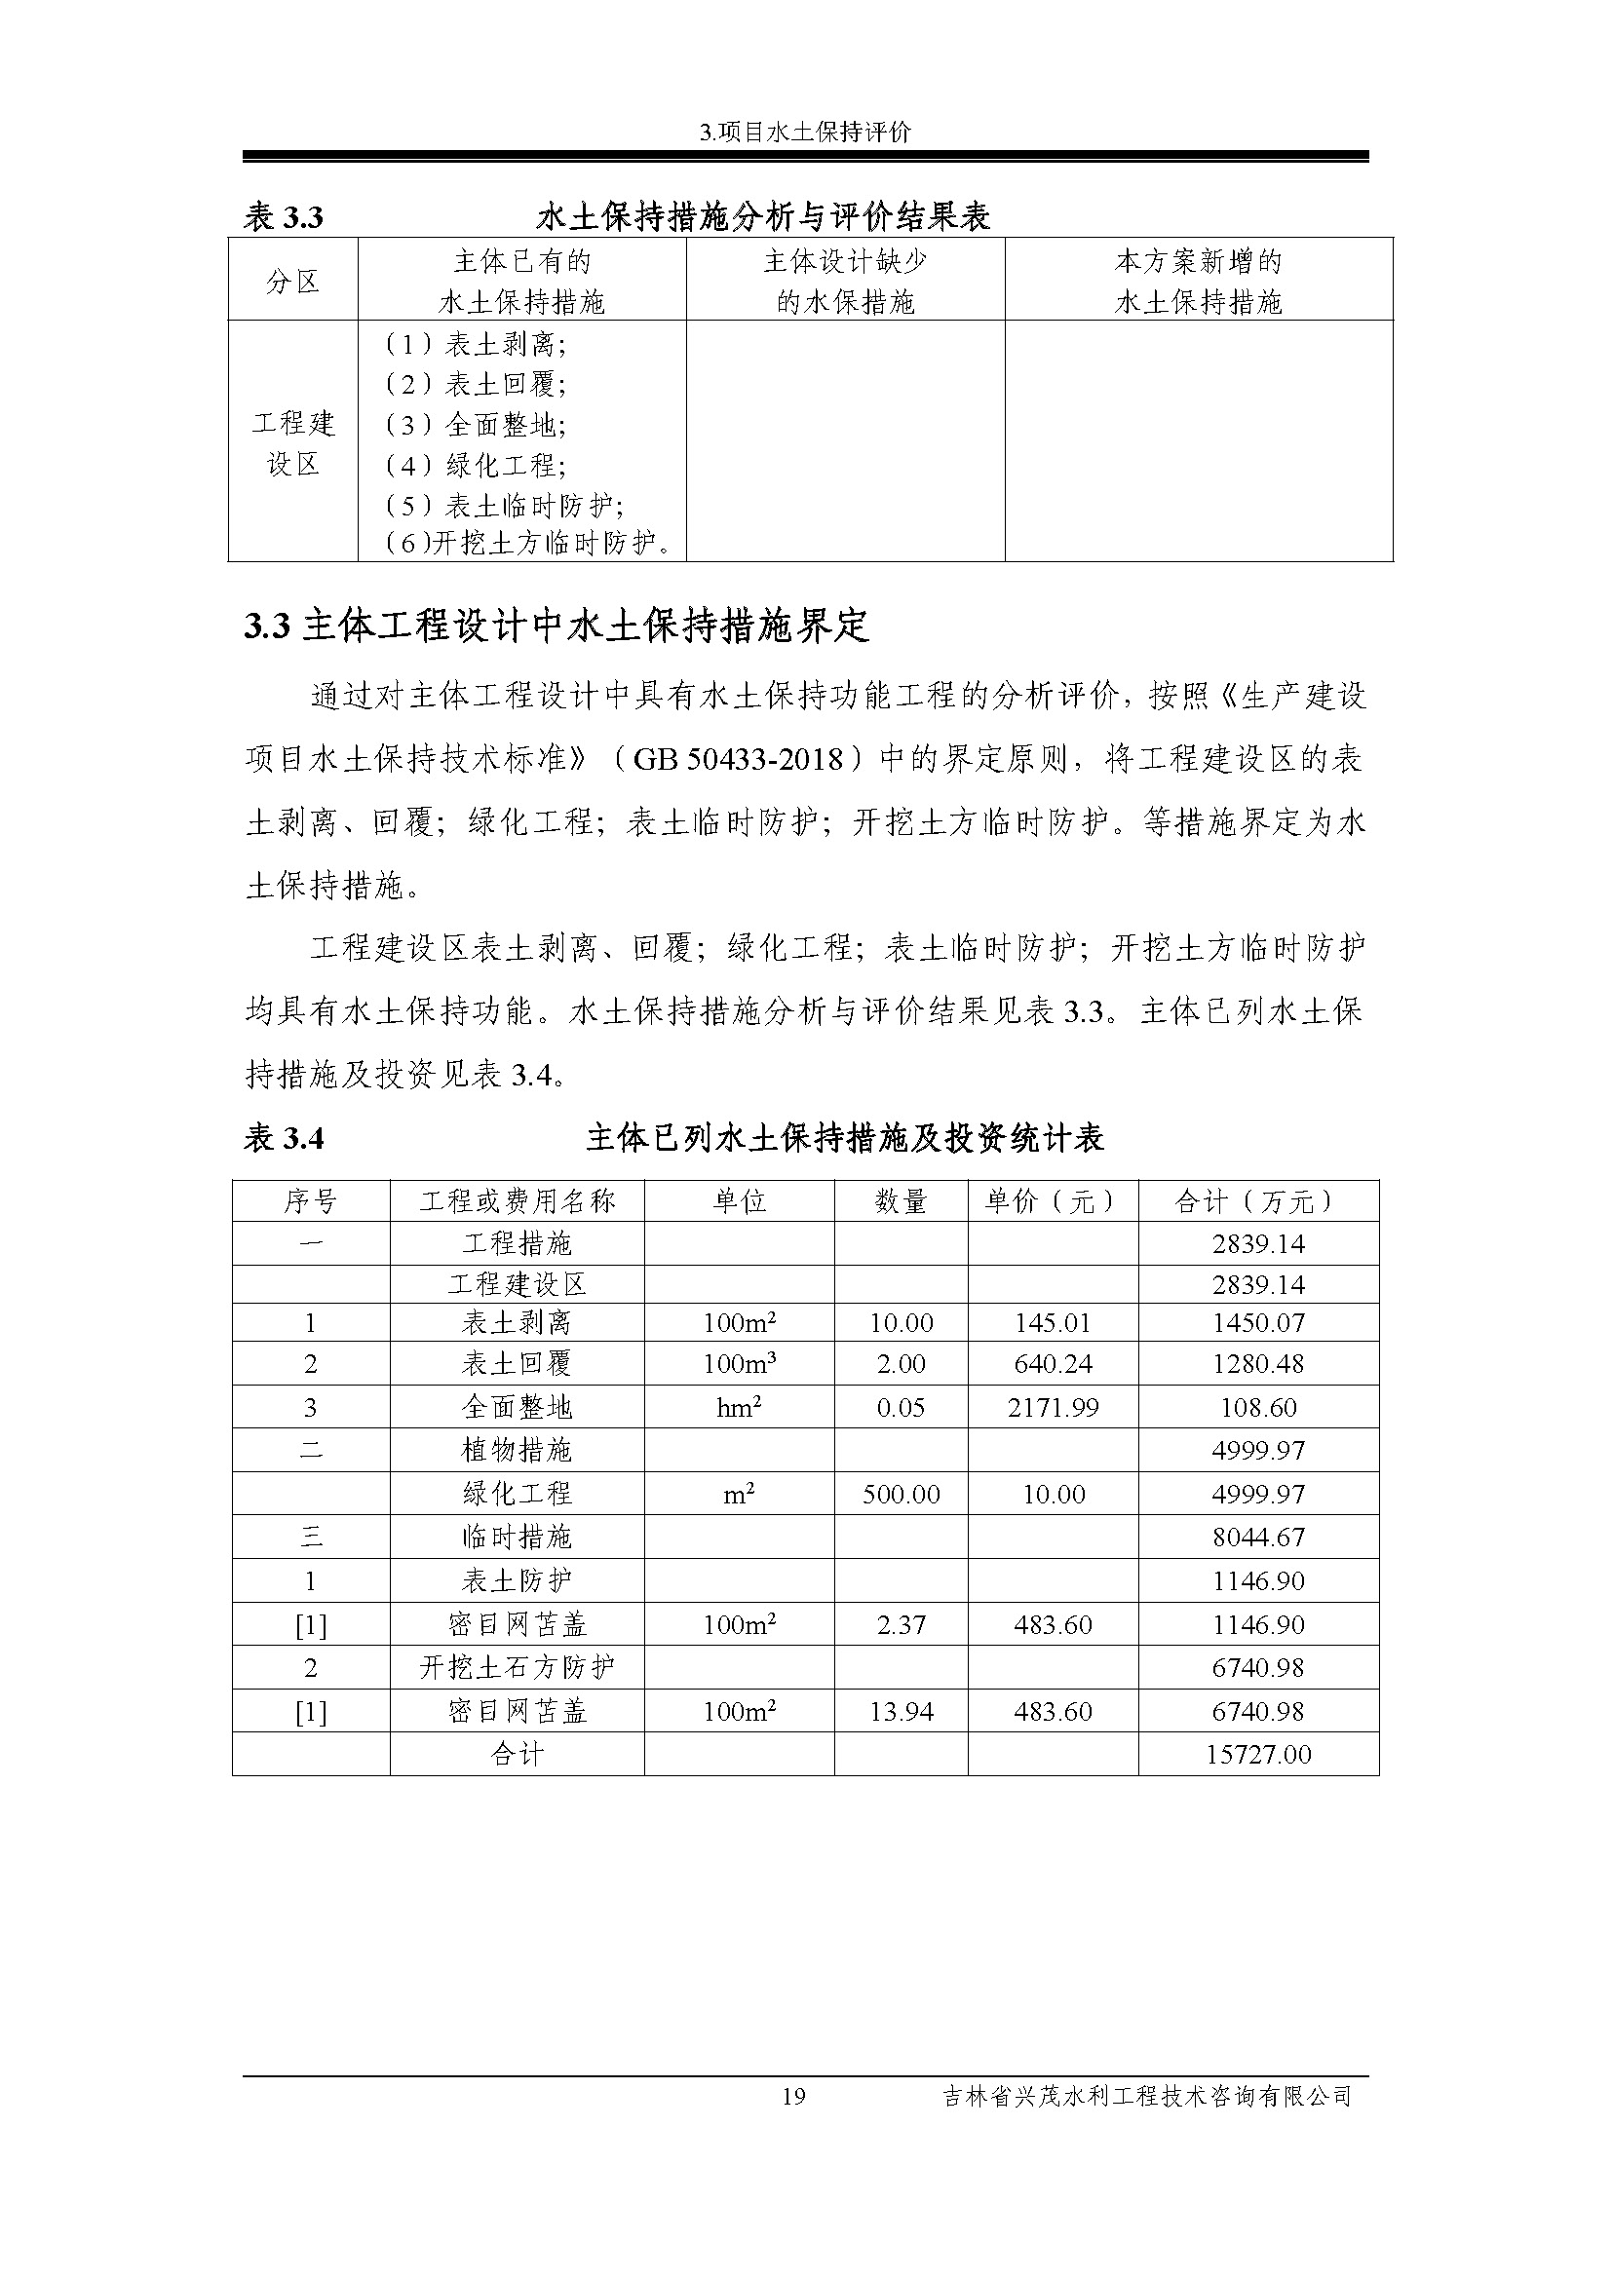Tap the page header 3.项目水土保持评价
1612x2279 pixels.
805,132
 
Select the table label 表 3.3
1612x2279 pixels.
284,217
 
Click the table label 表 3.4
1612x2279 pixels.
284,1138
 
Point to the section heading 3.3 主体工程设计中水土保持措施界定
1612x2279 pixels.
557,627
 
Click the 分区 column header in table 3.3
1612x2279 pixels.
292,282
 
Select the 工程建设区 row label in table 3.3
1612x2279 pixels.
292,443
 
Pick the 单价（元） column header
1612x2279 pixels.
1053,1202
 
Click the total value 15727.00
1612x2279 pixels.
1257,1755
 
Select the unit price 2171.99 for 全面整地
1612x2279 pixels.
1053,1408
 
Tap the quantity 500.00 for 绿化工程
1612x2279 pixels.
901,1494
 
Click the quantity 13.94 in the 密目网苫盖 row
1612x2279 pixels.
901,1711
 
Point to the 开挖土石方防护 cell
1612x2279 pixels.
518,1667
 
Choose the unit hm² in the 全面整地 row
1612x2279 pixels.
739,1408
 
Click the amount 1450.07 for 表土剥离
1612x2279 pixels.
1257,1323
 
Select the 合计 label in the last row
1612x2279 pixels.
518,1755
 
